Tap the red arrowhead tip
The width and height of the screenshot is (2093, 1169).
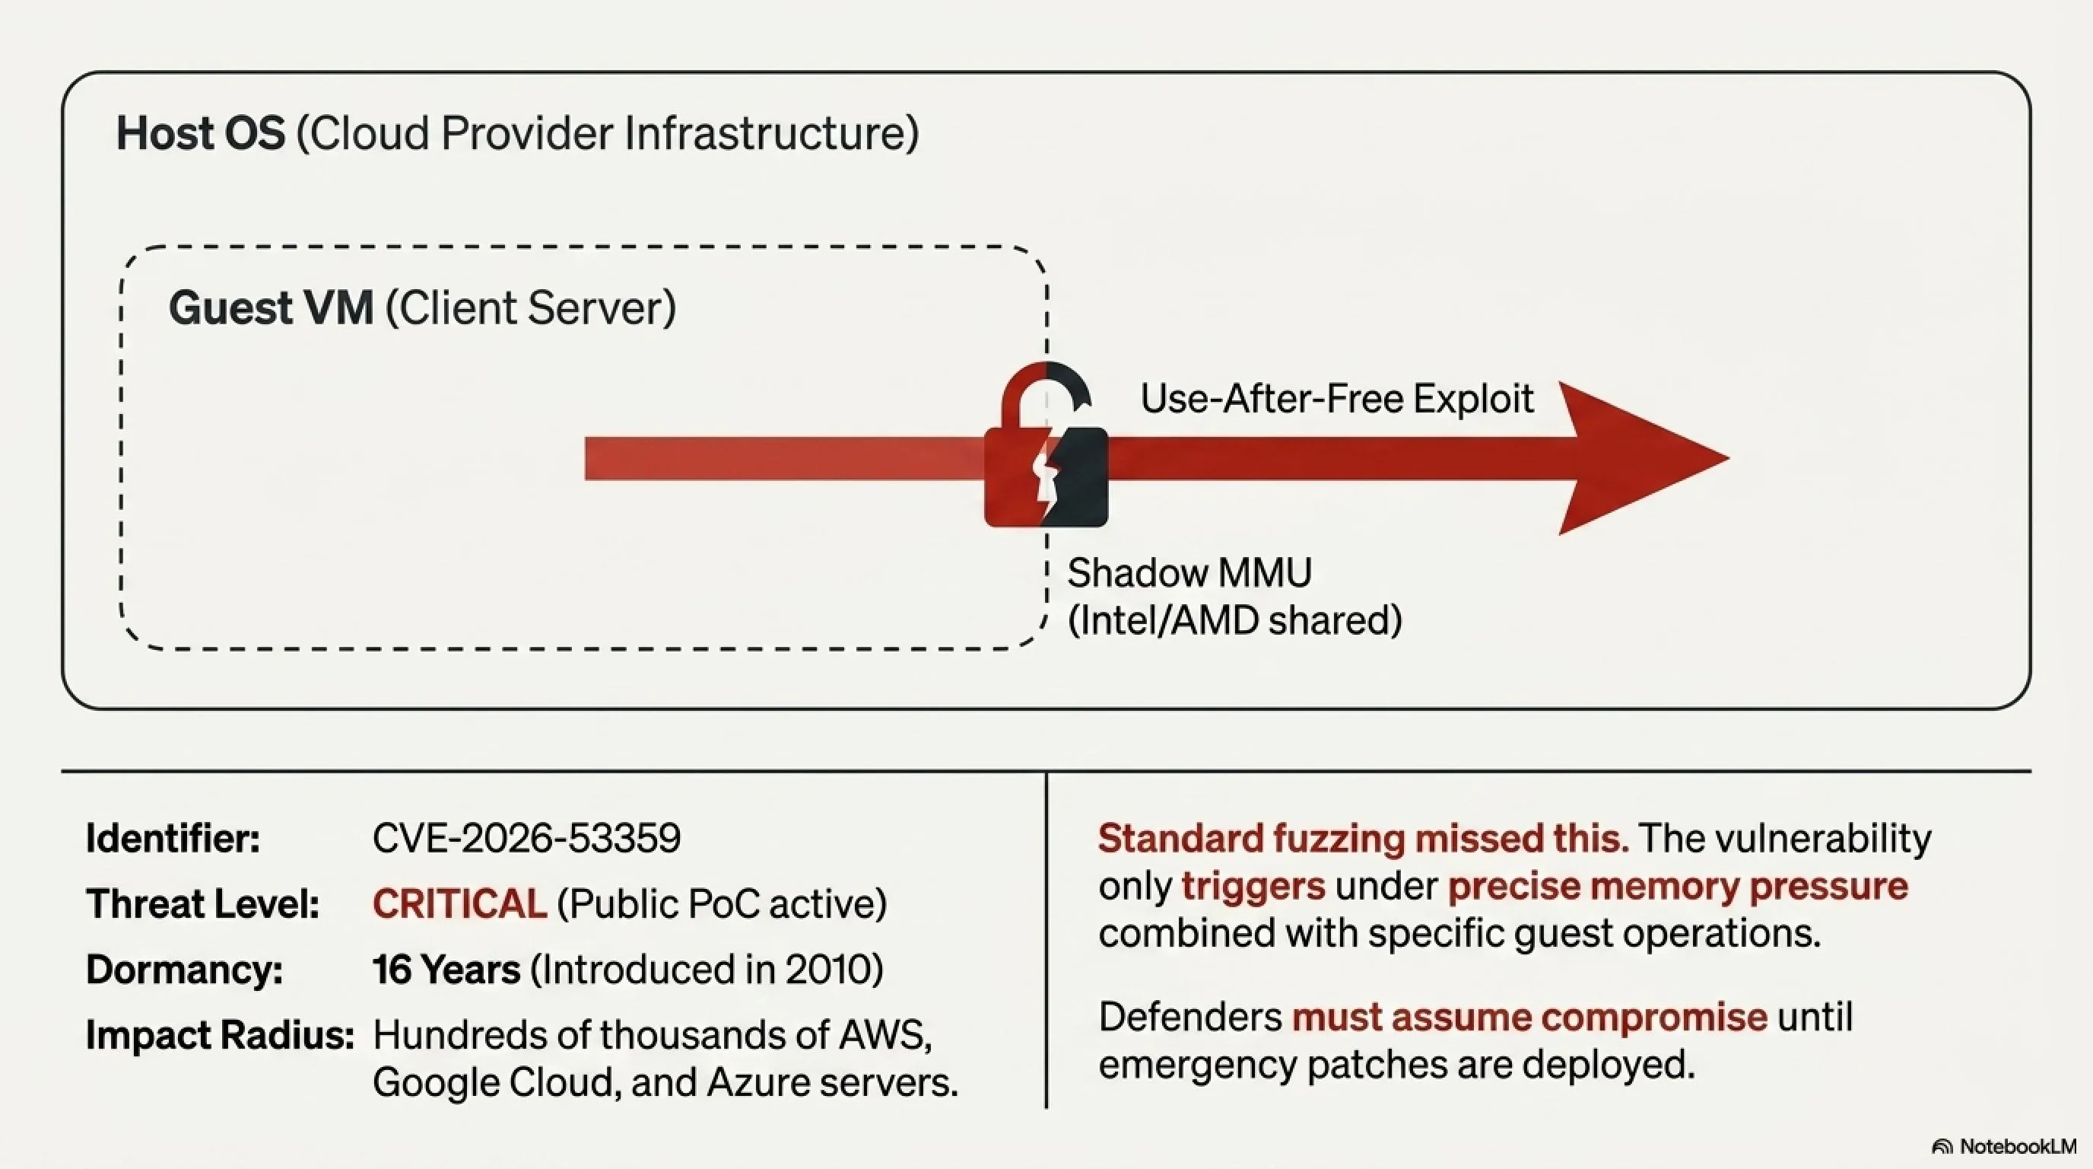pyautogui.click(x=1729, y=458)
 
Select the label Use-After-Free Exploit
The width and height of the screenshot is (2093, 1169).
pyautogui.click(x=1336, y=398)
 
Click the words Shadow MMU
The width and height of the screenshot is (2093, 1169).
pyautogui.click(x=1189, y=573)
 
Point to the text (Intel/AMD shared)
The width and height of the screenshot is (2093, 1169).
pyautogui.click(x=1235, y=620)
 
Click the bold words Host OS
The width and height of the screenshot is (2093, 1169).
pyautogui.click(x=201, y=133)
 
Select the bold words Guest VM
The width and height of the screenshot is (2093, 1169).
pyautogui.click(x=272, y=308)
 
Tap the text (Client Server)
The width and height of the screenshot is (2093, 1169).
pyautogui.click(x=531, y=308)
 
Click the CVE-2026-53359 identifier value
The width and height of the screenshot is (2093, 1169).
pyautogui.click(x=526, y=838)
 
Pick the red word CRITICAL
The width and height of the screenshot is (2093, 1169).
pyautogui.click(x=460, y=904)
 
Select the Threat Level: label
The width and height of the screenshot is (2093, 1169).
pyautogui.click(x=202, y=904)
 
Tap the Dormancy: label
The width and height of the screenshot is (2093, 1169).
pyautogui.click(x=185, y=970)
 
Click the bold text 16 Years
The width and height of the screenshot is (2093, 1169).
pyautogui.click(x=446, y=970)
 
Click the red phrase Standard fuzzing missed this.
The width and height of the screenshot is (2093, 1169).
pyautogui.click(x=1364, y=838)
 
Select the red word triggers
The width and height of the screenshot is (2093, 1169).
pyautogui.click(x=1253, y=886)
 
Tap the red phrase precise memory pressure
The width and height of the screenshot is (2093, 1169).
pyautogui.click(x=1678, y=886)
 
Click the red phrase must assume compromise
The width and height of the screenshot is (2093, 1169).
pyautogui.click(x=1529, y=1017)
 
